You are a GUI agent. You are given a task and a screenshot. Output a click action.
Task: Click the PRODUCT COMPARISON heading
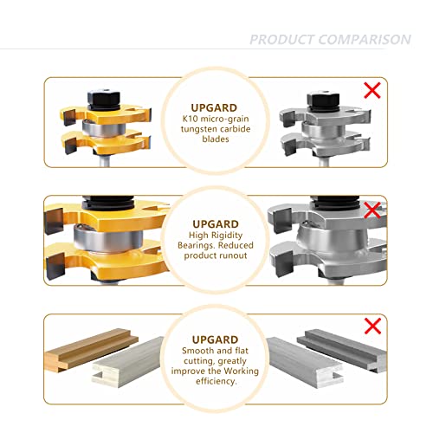coord(330,40)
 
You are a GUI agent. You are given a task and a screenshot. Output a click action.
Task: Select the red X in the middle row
coord(373,209)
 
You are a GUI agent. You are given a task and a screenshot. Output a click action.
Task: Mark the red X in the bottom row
coord(374,326)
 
